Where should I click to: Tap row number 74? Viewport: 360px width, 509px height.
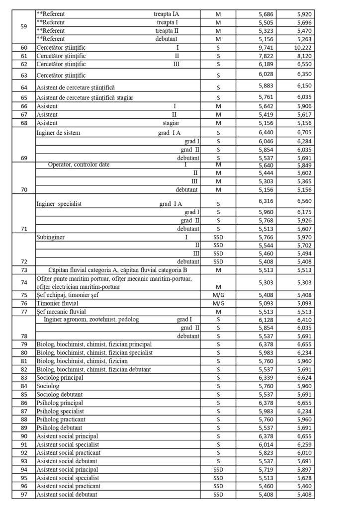point(24,283)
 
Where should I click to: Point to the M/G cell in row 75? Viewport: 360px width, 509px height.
point(218,294)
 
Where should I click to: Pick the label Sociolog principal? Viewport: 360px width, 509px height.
point(60,377)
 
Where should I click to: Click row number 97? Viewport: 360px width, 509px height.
point(24,495)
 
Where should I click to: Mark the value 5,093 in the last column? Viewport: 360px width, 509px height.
point(302,303)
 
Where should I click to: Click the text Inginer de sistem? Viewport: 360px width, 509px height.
point(58,133)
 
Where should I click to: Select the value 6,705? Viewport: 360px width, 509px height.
point(302,133)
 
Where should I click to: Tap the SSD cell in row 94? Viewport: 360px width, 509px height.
point(218,469)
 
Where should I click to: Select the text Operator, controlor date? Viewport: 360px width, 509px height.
point(79,165)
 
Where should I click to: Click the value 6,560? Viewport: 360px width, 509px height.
point(302,201)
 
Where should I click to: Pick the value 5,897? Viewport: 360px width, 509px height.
point(302,469)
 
